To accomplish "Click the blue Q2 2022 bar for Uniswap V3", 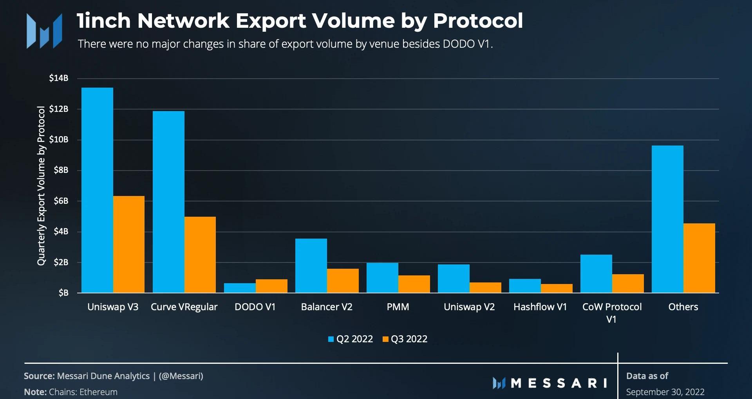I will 97,190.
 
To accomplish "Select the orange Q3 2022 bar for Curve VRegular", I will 200,255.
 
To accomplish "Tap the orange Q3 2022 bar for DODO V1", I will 271,286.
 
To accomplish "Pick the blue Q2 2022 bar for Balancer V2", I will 311,266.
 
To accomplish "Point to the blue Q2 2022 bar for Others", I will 667,219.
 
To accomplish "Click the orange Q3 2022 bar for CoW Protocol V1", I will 628,283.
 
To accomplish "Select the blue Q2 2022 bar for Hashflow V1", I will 525,286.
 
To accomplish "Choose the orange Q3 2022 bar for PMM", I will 414,284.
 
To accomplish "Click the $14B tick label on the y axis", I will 59,78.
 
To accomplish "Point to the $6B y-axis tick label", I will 61,201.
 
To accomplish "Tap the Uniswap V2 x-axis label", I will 469,307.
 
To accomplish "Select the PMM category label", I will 398,307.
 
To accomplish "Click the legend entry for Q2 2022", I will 351,339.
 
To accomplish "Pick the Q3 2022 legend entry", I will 405,339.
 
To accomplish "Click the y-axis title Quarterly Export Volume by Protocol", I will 41,186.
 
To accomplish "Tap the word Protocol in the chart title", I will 478,21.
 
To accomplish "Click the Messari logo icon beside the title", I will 44,31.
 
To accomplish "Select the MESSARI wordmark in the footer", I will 550,383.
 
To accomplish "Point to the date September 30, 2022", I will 665,392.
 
